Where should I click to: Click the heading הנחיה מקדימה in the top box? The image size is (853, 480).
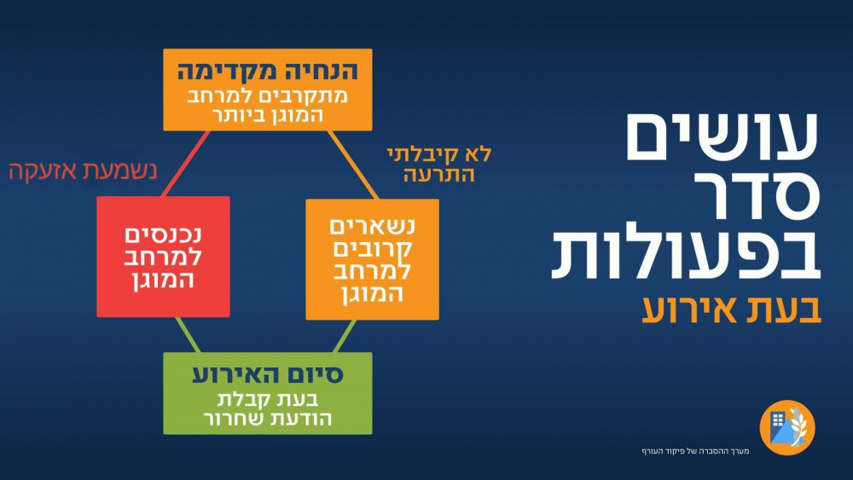[267, 72]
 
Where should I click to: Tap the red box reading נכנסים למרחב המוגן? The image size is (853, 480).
[163, 257]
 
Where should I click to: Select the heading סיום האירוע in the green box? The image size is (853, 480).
[268, 374]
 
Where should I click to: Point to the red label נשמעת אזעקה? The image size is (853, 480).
[83, 171]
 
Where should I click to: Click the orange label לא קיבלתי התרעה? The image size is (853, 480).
[439, 164]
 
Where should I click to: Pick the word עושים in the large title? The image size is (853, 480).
[722, 136]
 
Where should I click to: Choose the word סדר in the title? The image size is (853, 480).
[757, 194]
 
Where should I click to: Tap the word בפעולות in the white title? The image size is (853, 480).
[686, 252]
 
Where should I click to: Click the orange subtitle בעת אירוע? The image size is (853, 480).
[731, 309]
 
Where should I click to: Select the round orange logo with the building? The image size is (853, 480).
[787, 427]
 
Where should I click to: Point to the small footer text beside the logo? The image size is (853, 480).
[695, 451]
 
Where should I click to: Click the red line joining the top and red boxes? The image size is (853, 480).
[186, 163]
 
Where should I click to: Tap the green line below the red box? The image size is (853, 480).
[188, 335]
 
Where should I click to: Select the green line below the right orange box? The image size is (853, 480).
[345, 336]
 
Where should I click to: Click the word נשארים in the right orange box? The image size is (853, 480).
[373, 226]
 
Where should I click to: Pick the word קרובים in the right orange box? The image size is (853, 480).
[373, 249]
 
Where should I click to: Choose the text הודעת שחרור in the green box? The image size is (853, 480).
[268, 419]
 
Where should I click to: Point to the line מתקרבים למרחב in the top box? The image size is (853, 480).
[268, 96]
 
